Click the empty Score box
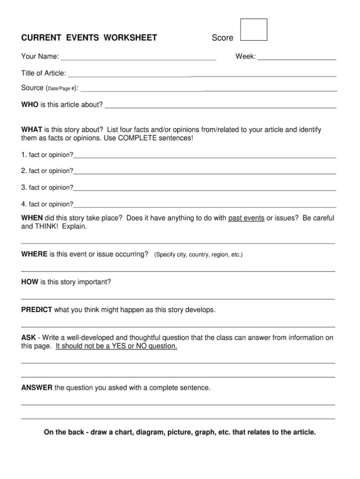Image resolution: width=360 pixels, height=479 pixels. click(x=253, y=30)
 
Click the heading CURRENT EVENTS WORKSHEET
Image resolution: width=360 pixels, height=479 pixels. click(x=89, y=38)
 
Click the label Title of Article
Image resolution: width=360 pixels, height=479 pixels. click(x=44, y=73)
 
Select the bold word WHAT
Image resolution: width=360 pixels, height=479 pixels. click(x=32, y=129)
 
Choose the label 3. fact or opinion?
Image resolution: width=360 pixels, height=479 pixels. click(x=47, y=187)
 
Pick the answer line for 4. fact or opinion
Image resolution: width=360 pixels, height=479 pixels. click(x=204, y=205)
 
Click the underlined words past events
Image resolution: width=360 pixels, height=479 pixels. click(x=246, y=218)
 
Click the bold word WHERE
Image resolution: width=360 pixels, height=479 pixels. click(x=34, y=254)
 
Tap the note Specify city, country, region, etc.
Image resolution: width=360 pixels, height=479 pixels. click(x=198, y=255)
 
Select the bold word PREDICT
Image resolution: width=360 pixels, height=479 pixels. click(x=37, y=310)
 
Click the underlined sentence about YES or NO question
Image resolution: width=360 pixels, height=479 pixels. click(x=116, y=346)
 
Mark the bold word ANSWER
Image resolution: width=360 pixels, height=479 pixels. click(x=37, y=388)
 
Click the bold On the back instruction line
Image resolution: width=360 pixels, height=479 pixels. click(x=180, y=432)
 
